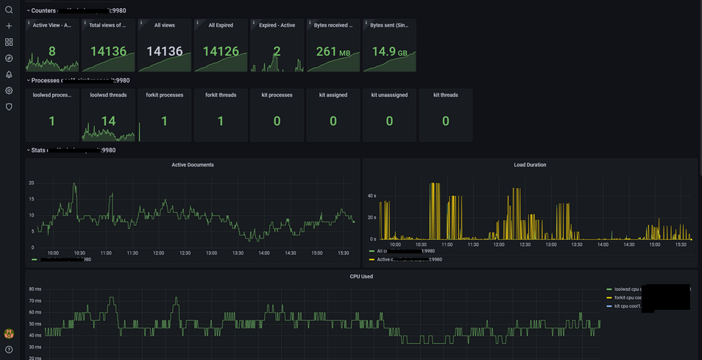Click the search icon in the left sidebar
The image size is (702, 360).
(x=9, y=10)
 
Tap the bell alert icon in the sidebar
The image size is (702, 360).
(x=9, y=74)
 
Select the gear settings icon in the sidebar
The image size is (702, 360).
(x=9, y=91)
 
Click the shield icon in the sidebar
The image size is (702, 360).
(x=9, y=107)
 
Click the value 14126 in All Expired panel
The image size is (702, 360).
(x=221, y=52)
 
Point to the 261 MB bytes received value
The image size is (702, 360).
(x=333, y=52)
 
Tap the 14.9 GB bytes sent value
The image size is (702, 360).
(x=389, y=52)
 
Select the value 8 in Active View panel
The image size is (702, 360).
(x=52, y=52)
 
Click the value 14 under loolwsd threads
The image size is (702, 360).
(x=108, y=121)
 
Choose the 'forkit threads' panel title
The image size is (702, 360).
(x=221, y=95)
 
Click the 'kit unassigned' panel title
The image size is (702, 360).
(x=389, y=95)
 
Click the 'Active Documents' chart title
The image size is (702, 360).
(x=192, y=165)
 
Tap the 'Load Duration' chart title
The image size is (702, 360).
(x=530, y=165)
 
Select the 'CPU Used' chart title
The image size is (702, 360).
(x=361, y=276)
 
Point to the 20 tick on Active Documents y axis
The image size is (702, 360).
(x=32, y=183)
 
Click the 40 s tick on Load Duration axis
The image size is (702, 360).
(x=372, y=196)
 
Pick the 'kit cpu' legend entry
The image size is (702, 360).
(x=624, y=306)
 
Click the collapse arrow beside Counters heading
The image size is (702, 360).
(x=28, y=11)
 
